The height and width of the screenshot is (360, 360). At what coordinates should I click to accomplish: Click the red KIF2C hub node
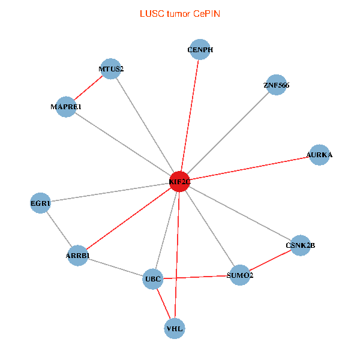(179, 181)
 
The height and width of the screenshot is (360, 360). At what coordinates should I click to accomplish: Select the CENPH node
(200, 50)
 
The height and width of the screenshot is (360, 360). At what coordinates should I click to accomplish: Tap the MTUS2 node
(111, 69)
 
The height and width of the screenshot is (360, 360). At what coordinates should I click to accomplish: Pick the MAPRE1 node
(66, 106)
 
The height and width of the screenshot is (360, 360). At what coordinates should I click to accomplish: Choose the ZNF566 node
(276, 85)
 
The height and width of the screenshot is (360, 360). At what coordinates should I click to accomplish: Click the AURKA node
(319, 155)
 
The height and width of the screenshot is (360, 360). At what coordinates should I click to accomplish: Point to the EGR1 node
(41, 203)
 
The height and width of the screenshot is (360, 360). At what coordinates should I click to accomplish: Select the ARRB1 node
(78, 256)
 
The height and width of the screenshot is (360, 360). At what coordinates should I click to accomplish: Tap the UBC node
(153, 279)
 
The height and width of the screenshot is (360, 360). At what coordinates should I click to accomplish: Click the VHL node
(175, 328)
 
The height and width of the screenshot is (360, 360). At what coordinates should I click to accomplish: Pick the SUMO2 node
(240, 275)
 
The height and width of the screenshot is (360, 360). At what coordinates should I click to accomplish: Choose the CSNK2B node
(300, 245)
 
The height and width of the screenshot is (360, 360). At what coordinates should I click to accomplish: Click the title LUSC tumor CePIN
(179, 13)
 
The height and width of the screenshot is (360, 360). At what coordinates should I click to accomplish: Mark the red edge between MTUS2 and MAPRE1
(89, 88)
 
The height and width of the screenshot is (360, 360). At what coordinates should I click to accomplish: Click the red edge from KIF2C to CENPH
(190, 115)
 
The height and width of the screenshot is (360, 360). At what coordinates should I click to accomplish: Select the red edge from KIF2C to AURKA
(249, 168)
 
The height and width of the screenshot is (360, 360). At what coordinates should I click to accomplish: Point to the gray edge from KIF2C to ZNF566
(228, 133)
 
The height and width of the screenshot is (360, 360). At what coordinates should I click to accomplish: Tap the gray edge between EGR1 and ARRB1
(59, 230)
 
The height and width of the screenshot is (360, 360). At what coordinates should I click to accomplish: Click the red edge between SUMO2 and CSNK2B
(270, 260)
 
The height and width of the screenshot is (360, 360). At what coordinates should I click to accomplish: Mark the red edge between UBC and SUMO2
(196, 277)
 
